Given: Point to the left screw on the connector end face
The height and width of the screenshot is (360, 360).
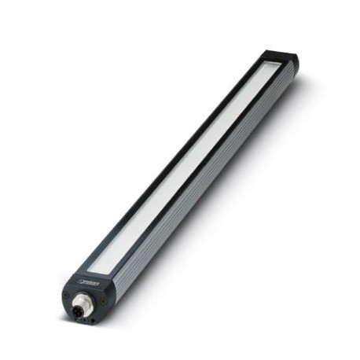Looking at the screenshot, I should (x=68, y=296).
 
